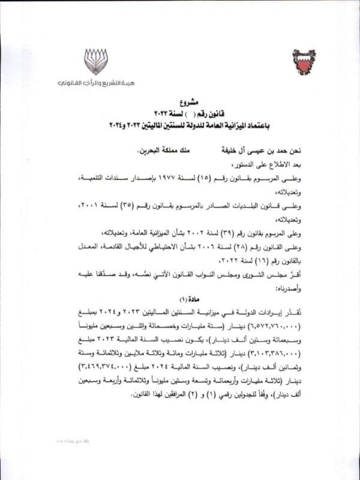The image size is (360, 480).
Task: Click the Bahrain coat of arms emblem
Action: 304,62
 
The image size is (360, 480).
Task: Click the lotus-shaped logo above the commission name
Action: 95,61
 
